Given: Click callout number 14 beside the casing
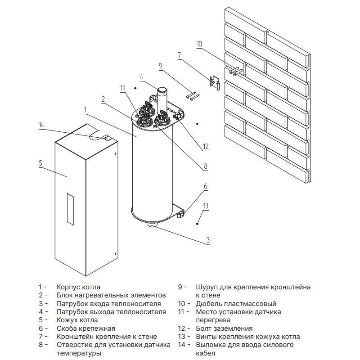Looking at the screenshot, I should pos(42,125).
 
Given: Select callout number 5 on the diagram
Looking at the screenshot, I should pos(40,163).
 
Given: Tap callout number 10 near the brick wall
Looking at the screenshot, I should pos(199,44).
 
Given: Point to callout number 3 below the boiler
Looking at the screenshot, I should pos(208,240).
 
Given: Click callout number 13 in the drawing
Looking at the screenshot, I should pos(206,206).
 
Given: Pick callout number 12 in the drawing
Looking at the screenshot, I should pos(206,146).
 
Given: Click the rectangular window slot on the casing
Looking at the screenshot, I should pos(69,209).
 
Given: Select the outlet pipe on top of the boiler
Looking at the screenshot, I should pos(161,97).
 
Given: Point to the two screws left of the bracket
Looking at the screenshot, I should pos(193,95).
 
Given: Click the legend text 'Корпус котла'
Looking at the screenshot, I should pos(78,287).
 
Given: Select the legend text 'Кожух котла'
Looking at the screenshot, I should pos(77,320).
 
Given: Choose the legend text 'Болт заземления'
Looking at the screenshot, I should pos(224,328).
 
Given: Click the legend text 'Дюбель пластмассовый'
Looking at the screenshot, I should pos(236,304).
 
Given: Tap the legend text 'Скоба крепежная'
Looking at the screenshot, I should pos(86,328).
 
